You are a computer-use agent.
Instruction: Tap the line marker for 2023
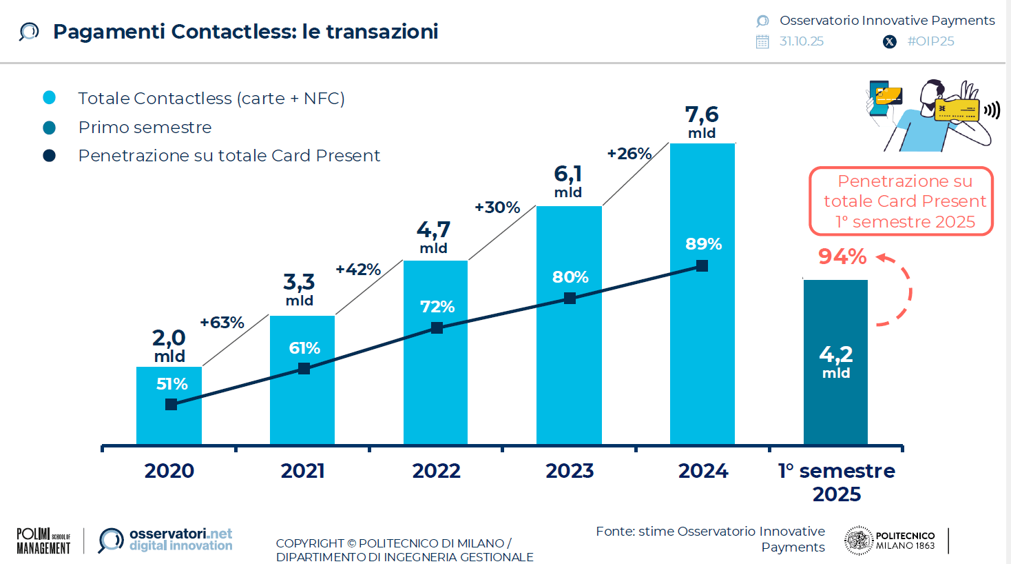point(570,299)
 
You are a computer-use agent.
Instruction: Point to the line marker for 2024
point(702,266)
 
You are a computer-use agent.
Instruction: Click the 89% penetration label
point(703,244)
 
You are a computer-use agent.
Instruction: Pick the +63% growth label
point(222,323)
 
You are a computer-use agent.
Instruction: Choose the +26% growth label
point(629,154)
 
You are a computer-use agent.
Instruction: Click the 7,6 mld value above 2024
point(702,121)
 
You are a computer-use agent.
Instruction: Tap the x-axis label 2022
point(436,471)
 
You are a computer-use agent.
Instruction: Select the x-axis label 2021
point(302,471)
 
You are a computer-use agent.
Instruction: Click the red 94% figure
point(842,256)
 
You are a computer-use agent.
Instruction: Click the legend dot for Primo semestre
point(50,128)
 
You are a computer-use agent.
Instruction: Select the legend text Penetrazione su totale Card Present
point(229,156)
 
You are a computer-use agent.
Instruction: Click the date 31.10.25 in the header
point(801,41)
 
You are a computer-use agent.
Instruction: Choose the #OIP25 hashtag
point(930,41)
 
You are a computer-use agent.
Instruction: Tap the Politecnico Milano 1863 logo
point(890,541)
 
